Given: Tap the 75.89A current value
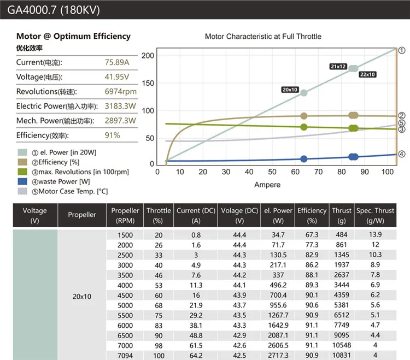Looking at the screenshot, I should point(116,62).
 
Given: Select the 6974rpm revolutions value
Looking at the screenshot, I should point(121,91).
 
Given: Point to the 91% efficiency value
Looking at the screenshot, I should point(113,135).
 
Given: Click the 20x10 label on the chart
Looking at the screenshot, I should point(290,90).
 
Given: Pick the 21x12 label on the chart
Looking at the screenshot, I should point(338,66).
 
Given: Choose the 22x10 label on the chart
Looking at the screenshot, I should point(367,74).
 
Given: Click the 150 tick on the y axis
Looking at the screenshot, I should point(148,83).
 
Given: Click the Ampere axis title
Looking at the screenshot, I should point(267,185).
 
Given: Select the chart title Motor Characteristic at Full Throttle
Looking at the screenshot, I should point(263,37).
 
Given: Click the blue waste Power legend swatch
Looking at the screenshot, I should point(23,181).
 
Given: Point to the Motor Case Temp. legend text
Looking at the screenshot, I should point(69,191).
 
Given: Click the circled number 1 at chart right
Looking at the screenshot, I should point(401,50).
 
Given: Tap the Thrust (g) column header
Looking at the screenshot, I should point(341,215).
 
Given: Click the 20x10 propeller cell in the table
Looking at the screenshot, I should point(82,296).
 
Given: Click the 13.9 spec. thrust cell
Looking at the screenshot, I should point(376,234).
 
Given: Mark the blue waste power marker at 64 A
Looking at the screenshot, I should point(304,159).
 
